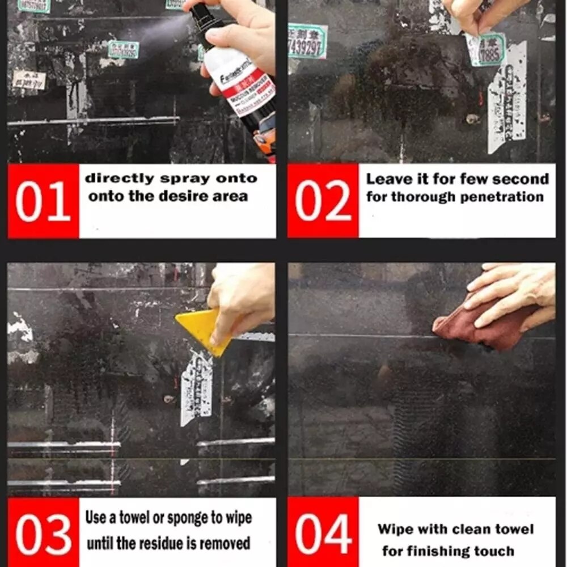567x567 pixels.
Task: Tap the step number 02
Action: [x=323, y=202]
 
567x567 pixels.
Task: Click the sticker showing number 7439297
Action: [x=307, y=41]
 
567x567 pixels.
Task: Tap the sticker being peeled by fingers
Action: [x=485, y=48]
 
